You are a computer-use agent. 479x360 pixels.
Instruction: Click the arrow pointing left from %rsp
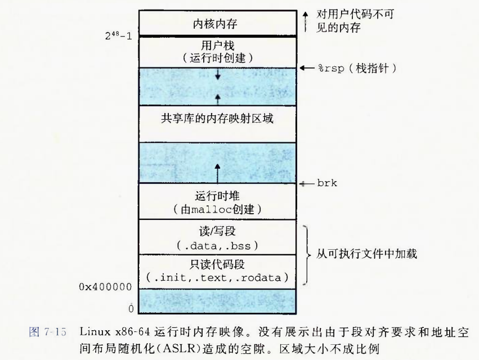[307, 68]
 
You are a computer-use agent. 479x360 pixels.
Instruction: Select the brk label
[328, 183]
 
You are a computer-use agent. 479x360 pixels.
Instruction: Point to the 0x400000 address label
[106, 287]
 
